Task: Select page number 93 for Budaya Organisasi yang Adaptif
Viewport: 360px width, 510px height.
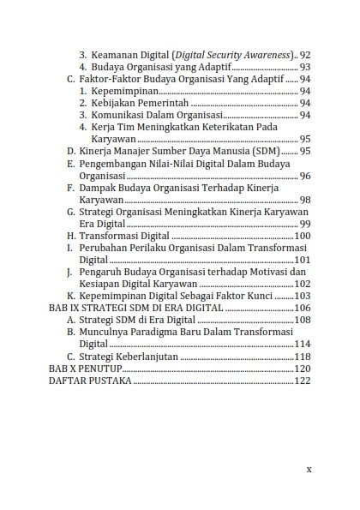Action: point(305,67)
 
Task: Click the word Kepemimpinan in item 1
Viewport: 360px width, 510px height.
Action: point(125,91)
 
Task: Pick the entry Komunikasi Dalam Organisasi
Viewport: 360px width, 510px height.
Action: point(155,115)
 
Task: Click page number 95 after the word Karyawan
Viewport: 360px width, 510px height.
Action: point(305,139)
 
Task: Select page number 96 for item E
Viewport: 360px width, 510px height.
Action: point(305,175)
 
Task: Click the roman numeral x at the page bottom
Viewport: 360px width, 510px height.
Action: point(309,470)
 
